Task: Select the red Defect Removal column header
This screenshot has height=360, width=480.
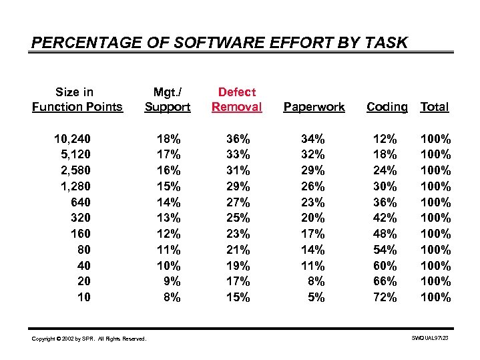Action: click(x=237, y=100)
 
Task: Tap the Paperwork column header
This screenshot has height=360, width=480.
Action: click(x=314, y=107)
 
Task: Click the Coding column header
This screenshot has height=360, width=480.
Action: click(x=387, y=107)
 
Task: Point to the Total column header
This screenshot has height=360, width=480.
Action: click(x=435, y=107)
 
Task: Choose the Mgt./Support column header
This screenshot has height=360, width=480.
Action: click(x=168, y=100)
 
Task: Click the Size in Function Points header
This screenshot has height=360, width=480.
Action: click(x=77, y=100)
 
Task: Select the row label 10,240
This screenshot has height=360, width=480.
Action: click(x=73, y=139)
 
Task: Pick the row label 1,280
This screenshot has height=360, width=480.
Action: click(x=75, y=186)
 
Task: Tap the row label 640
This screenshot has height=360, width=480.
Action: click(x=81, y=202)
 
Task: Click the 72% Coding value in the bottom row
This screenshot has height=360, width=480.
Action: click(x=385, y=297)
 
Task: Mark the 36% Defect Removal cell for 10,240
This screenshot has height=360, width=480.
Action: click(x=238, y=139)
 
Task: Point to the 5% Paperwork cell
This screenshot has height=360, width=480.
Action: click(x=316, y=297)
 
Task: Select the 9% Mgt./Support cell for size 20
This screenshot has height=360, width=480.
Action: click(x=172, y=281)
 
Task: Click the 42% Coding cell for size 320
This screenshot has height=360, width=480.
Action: click(x=385, y=218)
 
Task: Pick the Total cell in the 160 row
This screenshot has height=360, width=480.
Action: click(x=435, y=234)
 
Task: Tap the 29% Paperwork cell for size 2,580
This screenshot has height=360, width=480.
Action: click(x=313, y=170)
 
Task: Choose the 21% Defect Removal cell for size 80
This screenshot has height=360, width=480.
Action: click(x=238, y=250)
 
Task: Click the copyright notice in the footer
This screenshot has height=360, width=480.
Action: click(x=89, y=339)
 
